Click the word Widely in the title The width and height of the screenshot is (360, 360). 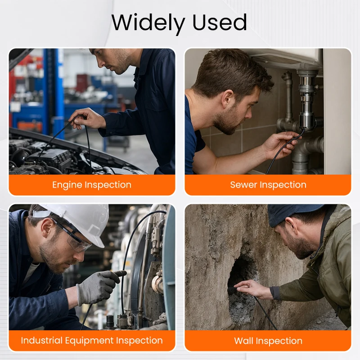pos(148,23)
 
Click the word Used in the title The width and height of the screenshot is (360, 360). pos(220,22)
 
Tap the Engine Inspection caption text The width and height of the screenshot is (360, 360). pos(92,185)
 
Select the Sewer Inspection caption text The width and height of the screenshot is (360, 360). pos(268,185)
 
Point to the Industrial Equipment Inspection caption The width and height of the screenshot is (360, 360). pos(92,341)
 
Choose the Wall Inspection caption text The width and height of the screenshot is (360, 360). pos(268,341)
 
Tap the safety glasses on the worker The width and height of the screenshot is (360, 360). pos(71,237)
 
